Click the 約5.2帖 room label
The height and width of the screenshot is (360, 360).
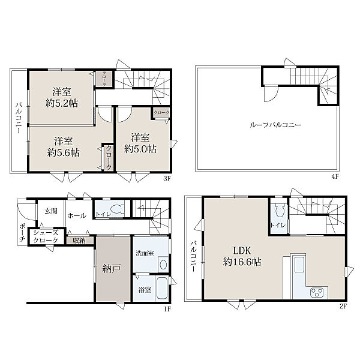62,104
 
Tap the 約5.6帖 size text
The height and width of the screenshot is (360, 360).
64,152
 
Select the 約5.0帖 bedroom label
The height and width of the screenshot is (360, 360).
140,149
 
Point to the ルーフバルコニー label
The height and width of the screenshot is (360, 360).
275,125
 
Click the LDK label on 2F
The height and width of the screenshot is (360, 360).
242,250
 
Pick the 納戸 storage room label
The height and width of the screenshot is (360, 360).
112,268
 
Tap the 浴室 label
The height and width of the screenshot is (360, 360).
145,290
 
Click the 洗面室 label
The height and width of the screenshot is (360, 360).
145,253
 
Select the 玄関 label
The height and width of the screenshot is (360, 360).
51,211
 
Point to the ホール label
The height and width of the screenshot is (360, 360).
77,215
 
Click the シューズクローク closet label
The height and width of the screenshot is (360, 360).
46,236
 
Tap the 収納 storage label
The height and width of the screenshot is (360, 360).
79,241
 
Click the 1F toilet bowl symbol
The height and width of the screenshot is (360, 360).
116,209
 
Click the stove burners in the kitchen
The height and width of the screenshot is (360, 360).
317,292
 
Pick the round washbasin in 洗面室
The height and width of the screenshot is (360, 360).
163,265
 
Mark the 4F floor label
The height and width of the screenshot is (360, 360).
335,176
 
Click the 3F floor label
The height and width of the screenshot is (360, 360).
167,178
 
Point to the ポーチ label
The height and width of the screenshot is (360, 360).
22,233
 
